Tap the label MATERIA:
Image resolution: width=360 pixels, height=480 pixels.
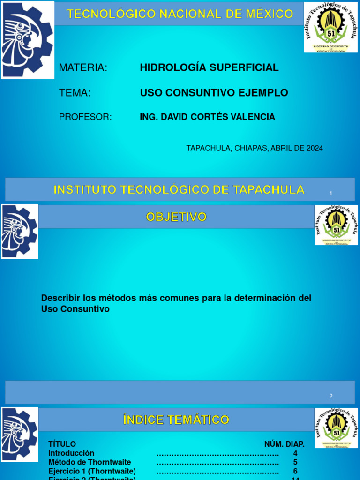coord(83,68)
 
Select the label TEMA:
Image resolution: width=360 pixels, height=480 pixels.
coord(75,93)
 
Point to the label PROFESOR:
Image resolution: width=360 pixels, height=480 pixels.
coord(85,117)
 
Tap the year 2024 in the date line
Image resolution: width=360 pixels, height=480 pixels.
coord(315,148)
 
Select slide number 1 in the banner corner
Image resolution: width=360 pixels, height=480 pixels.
coord(331,194)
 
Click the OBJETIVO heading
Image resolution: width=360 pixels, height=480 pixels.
coord(176,217)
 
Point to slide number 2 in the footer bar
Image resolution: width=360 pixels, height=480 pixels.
coord(330,396)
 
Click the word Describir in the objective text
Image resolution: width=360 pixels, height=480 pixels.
coord(60,298)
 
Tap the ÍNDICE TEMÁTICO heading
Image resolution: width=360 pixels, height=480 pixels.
coord(176,420)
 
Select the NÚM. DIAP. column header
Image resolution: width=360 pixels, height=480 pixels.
coord(284,444)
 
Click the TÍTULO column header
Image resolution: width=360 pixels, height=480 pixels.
coord(62,444)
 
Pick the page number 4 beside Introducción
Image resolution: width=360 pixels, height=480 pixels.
coord(295,453)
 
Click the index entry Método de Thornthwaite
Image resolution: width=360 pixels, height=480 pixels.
coord(90,462)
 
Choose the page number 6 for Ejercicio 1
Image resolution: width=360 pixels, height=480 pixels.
coord(295,471)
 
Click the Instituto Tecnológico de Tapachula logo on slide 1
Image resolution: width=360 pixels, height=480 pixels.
coord(330,27)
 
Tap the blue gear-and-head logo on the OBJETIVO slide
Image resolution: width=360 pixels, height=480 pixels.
coord(19,231)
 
